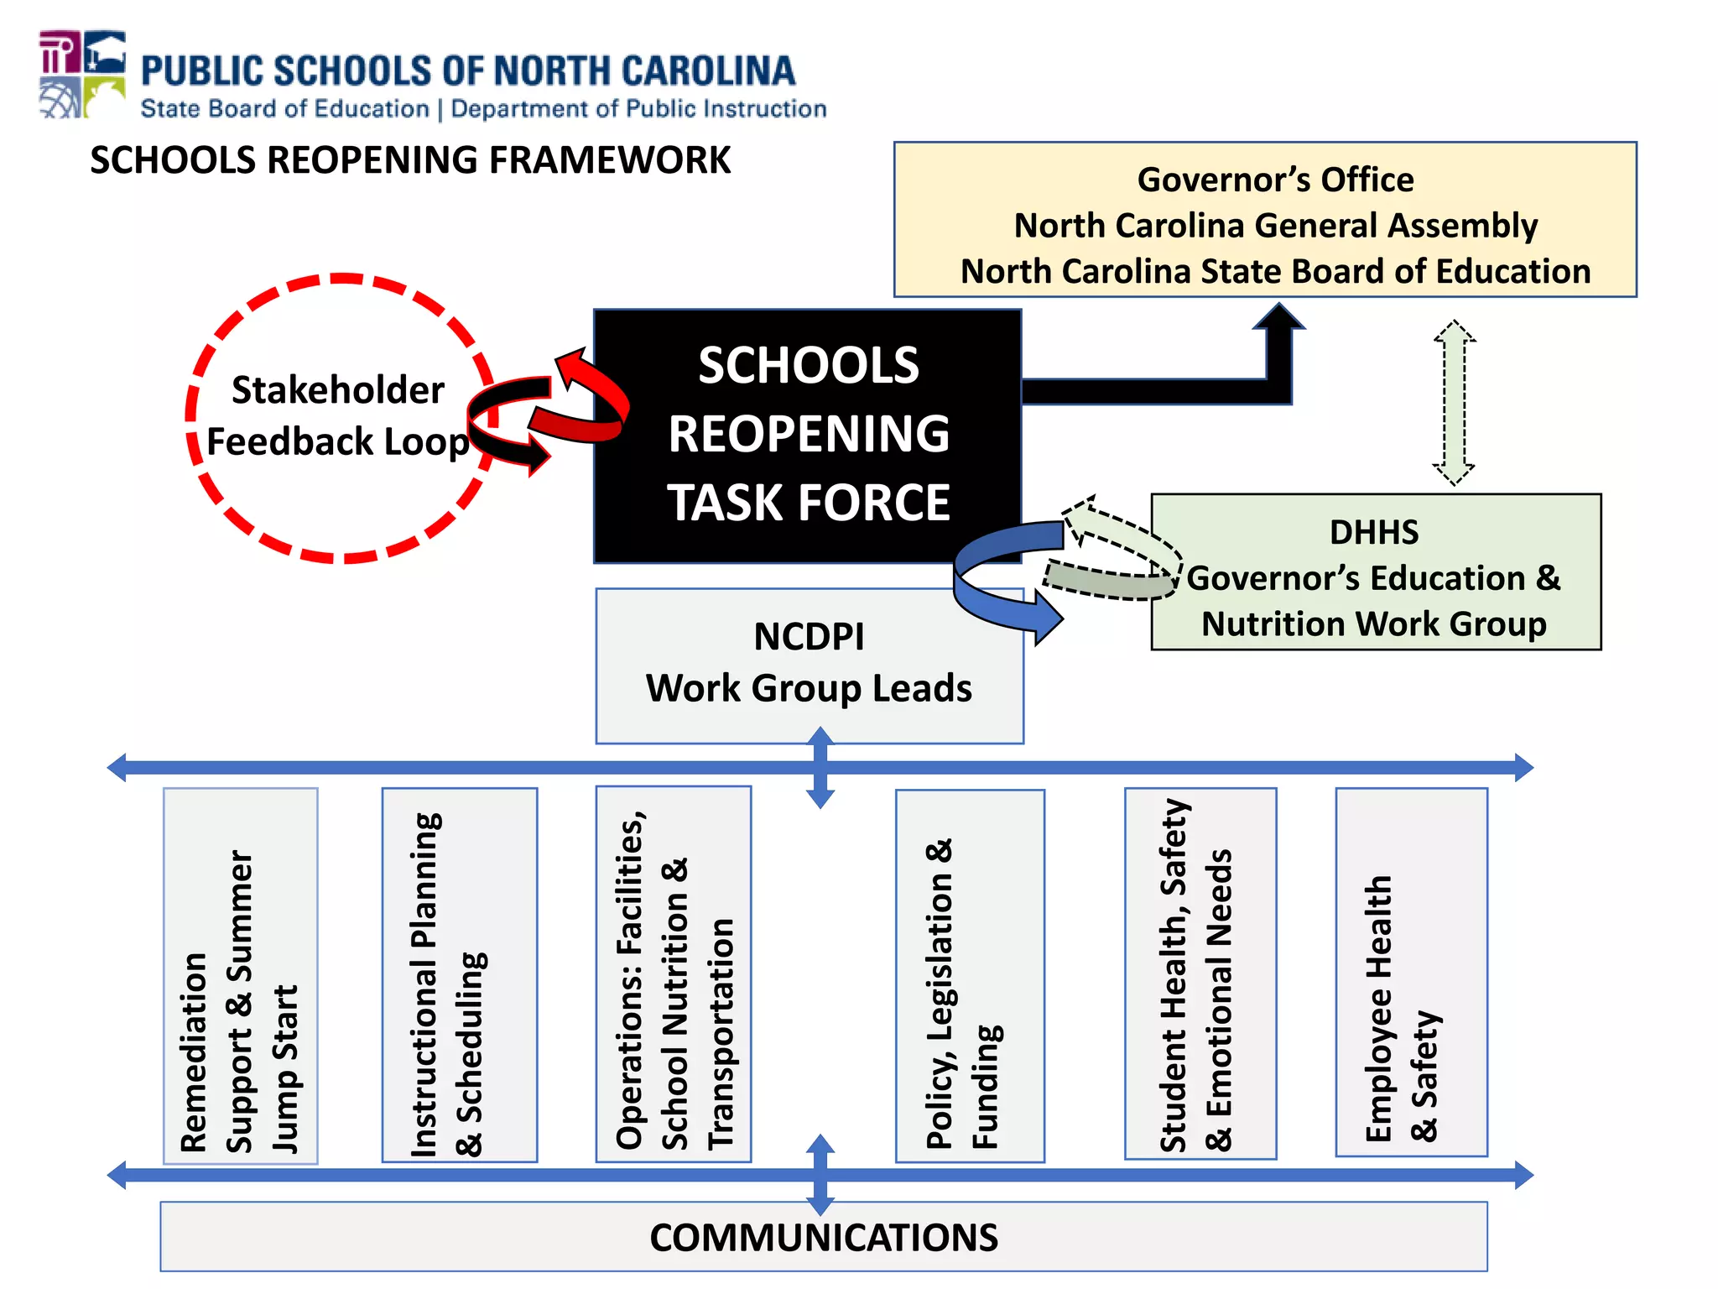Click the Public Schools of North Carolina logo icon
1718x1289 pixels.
point(82,75)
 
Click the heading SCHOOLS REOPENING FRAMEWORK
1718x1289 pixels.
point(410,160)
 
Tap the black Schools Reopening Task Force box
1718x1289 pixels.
point(808,435)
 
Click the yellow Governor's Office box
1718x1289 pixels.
point(1265,220)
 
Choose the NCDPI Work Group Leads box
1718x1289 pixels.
point(809,665)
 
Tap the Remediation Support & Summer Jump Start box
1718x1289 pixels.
point(241,975)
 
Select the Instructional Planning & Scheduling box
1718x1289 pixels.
point(460,975)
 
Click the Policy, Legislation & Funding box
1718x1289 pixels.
point(970,977)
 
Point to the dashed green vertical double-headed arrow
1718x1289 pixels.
point(1454,403)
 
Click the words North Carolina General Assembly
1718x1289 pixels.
point(1275,226)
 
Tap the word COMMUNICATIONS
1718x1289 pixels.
point(824,1238)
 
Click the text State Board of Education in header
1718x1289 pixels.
point(285,109)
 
